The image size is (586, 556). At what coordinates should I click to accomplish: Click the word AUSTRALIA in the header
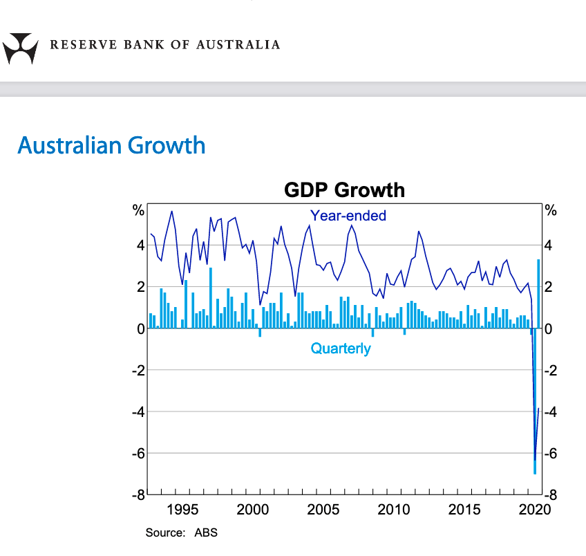238,45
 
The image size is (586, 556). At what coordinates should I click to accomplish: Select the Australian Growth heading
111,146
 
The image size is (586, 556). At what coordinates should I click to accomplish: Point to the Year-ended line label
348,216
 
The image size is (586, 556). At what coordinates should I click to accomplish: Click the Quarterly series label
341,349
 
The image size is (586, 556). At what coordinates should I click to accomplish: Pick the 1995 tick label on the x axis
182,510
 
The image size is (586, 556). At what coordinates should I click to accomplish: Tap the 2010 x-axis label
394,510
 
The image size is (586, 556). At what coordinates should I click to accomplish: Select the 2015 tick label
464,510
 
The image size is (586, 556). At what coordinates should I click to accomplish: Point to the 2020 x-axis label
534,510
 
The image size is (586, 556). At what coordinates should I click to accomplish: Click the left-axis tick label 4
140,245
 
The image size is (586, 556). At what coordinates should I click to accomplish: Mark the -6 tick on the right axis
550,454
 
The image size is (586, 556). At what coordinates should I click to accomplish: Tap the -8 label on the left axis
138,495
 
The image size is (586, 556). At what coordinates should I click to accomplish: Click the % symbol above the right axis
551,210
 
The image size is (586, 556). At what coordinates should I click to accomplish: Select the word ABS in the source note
205,533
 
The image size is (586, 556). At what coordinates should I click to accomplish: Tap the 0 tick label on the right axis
548,329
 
